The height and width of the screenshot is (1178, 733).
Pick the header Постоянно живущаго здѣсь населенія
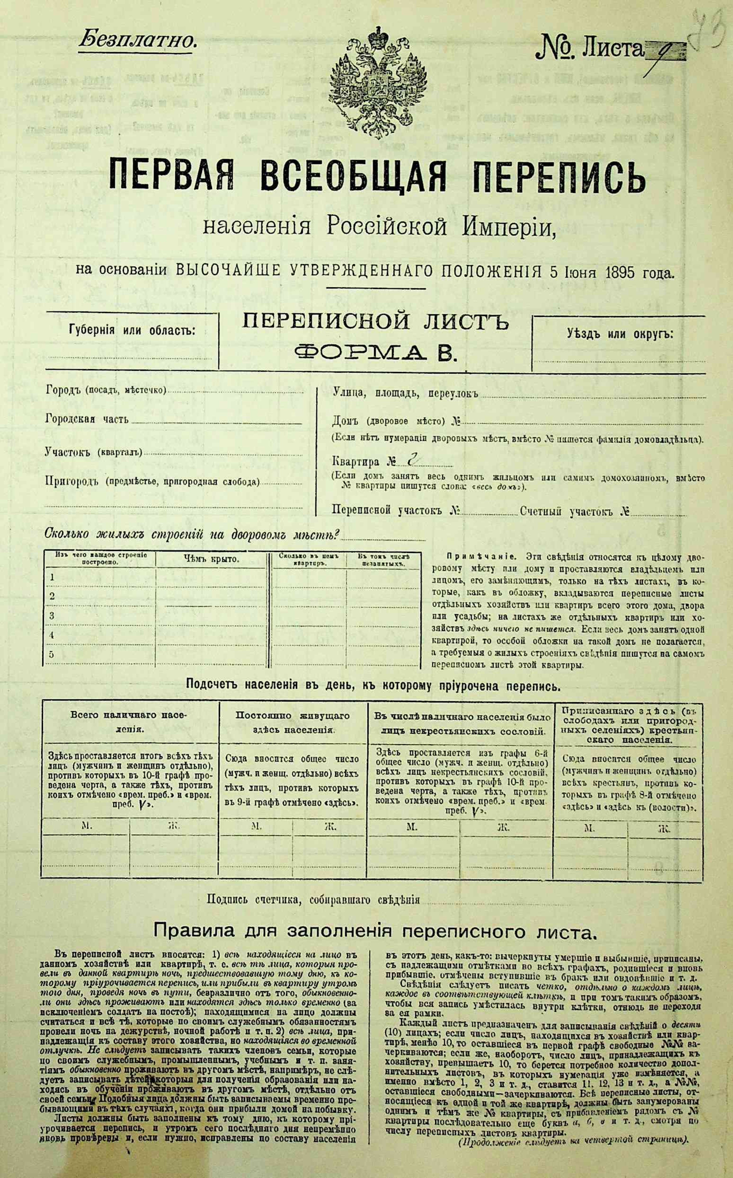coord(292,722)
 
